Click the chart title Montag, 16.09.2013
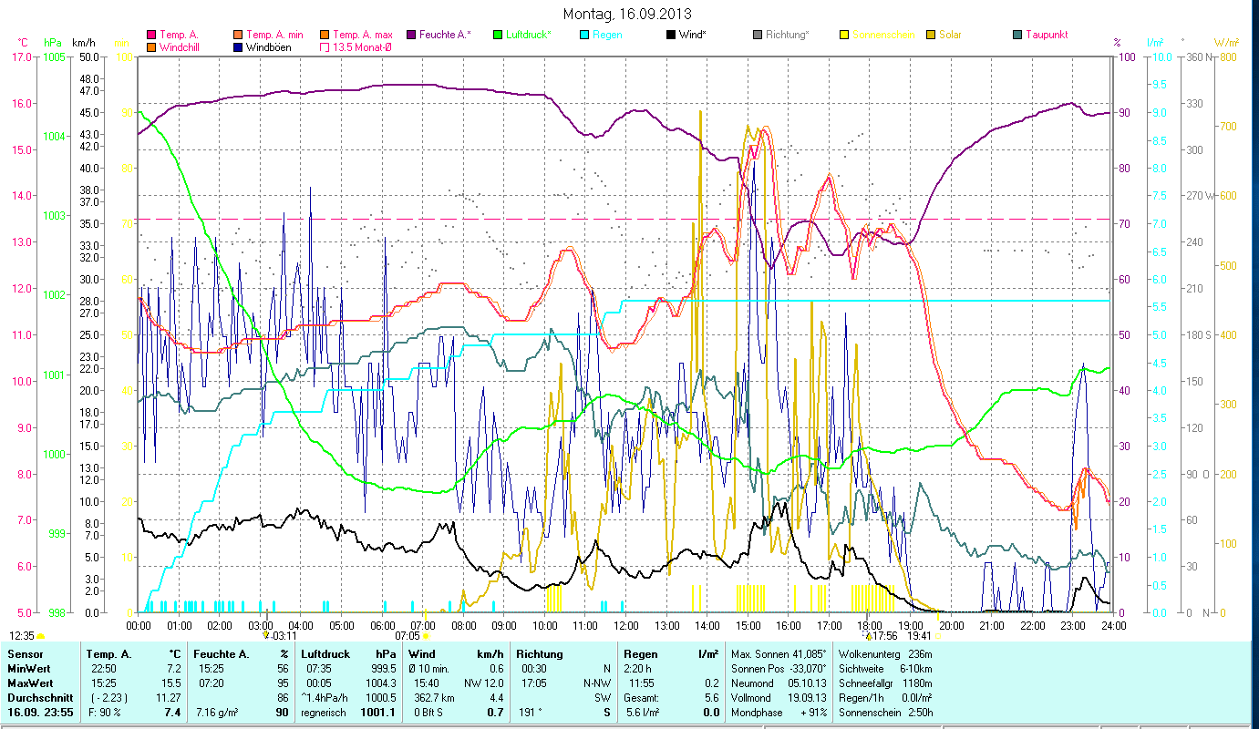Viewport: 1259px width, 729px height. (x=627, y=14)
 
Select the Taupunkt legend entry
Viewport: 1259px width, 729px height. (x=1046, y=35)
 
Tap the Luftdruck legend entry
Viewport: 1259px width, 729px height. (x=528, y=35)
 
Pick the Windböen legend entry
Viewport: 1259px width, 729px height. (x=268, y=47)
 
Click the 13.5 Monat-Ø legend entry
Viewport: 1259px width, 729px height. (x=359, y=47)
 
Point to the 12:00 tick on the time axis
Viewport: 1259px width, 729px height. (x=625, y=625)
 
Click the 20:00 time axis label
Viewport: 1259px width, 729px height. (x=951, y=625)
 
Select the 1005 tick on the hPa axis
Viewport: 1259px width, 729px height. (x=53, y=56)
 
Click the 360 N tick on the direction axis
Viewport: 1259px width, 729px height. (x=1196, y=56)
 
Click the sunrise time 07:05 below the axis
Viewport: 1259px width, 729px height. (x=408, y=636)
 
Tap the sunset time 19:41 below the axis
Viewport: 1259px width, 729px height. (x=919, y=636)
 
